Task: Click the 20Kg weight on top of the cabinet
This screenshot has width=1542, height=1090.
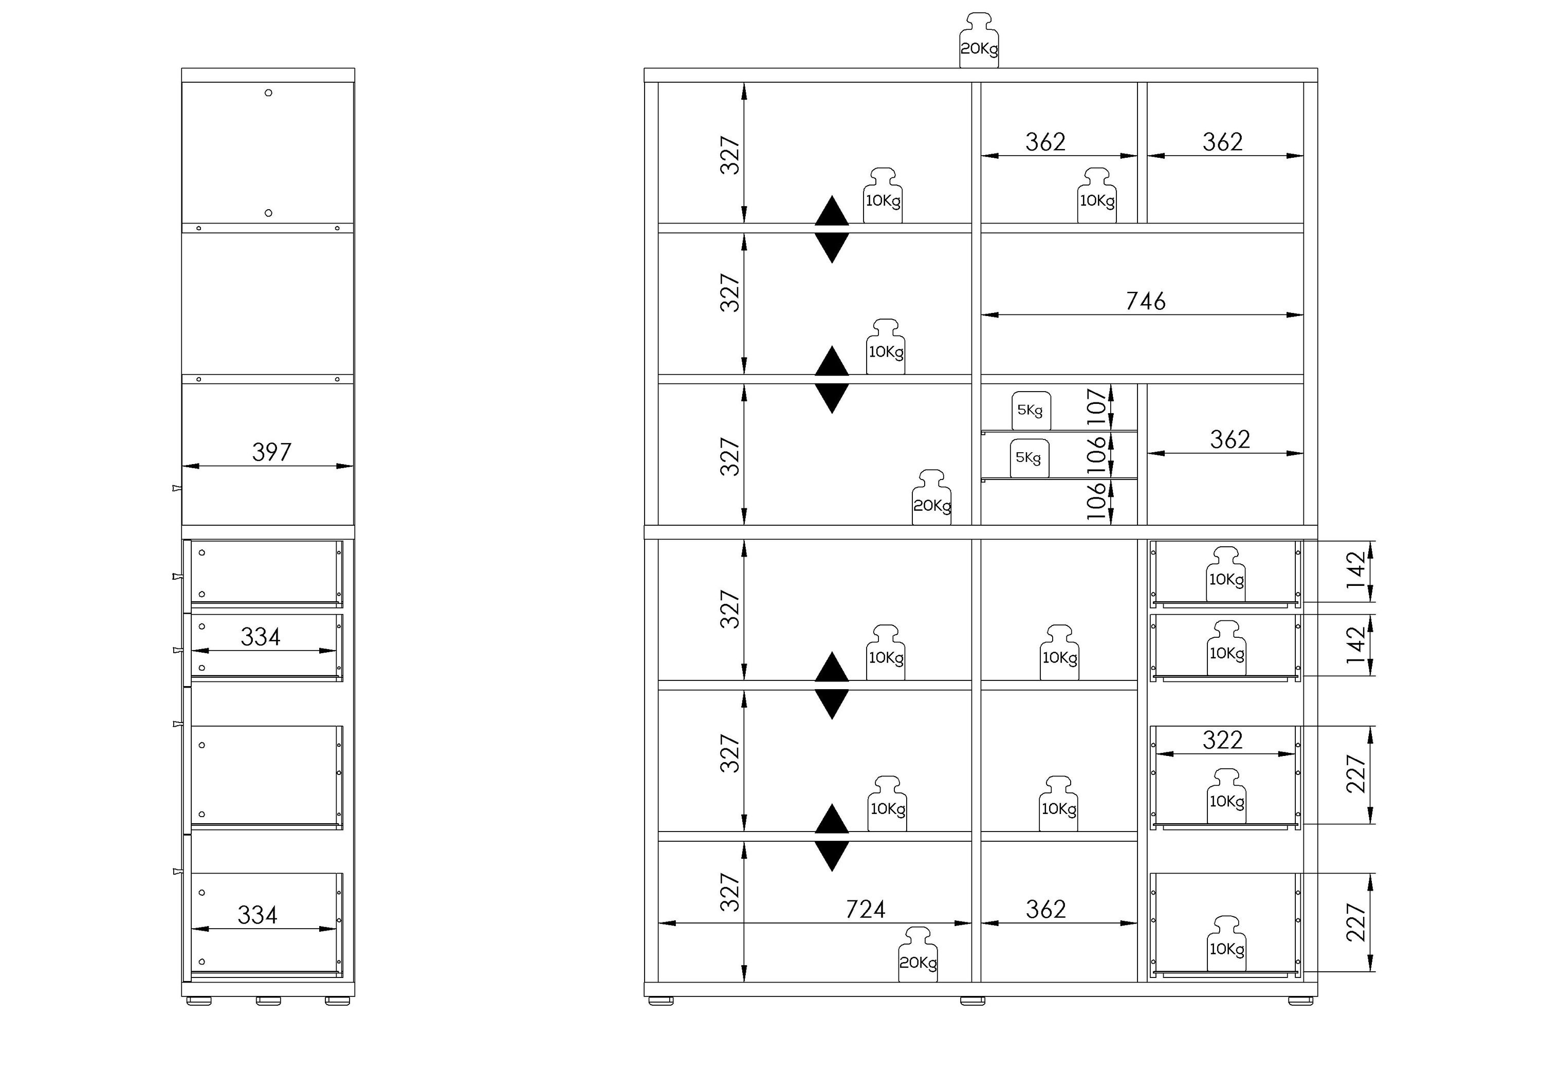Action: [979, 40]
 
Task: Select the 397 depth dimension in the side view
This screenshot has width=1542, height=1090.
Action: [271, 452]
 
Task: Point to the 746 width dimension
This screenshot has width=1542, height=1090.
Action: [1146, 301]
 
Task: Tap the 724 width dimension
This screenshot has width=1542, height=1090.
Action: [865, 909]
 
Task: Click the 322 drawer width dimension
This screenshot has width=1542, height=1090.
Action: [1222, 740]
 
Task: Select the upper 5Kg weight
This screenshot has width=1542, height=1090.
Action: [1031, 410]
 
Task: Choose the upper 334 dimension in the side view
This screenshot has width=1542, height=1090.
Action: [261, 637]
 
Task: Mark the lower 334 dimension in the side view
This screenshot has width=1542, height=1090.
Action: [257, 915]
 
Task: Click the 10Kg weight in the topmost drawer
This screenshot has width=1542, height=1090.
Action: [1226, 574]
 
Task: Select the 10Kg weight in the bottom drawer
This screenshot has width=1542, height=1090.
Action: [1226, 944]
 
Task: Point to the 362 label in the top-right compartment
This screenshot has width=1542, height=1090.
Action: [1222, 142]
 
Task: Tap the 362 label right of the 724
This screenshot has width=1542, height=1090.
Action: [1045, 909]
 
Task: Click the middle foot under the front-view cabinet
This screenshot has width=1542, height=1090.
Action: [972, 1001]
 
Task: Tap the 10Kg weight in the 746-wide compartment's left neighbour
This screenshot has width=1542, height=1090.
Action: [885, 346]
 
